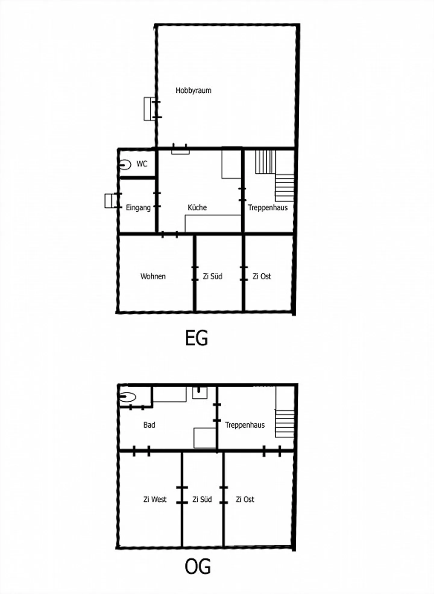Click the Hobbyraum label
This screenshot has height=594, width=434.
click(193, 90)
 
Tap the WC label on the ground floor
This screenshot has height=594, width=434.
click(142, 164)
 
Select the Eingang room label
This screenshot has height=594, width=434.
click(138, 208)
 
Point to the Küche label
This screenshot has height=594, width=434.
click(197, 207)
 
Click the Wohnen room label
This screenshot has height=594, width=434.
click(153, 276)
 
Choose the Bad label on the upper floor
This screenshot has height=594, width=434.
click(149, 425)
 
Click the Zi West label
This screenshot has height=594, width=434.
click(155, 499)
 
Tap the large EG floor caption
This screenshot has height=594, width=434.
click(196, 338)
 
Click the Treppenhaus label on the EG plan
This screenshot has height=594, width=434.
click(268, 207)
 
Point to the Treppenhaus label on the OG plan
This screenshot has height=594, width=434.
click(245, 425)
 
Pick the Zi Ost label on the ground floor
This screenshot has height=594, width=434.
click(262, 276)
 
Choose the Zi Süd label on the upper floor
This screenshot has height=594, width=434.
click(202, 499)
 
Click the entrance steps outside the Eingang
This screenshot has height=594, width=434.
click(111, 201)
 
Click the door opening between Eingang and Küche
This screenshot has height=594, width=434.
click(157, 200)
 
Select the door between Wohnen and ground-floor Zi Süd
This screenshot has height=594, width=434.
click(195, 273)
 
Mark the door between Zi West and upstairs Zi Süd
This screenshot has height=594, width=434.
click(182, 495)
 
